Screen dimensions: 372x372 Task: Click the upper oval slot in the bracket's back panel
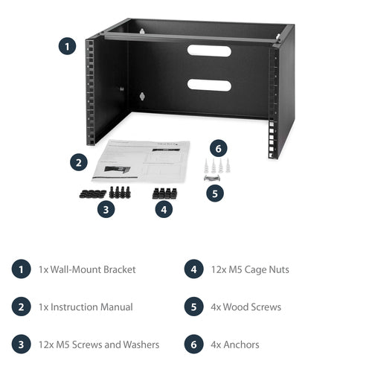[209, 51]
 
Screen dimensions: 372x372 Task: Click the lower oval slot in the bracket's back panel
[209, 84]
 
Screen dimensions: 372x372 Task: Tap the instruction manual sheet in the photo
[141, 161]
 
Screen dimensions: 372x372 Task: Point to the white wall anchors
[214, 164]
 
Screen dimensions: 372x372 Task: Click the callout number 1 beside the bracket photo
[67, 46]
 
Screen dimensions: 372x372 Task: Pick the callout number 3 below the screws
[107, 209]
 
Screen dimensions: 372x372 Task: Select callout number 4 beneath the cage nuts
[164, 209]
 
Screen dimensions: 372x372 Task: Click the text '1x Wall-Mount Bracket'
[87, 269]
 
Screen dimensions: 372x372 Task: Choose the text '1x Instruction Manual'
[86, 307]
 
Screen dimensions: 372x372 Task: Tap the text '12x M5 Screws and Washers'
[98, 344]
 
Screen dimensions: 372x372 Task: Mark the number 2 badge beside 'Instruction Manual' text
[22, 307]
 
